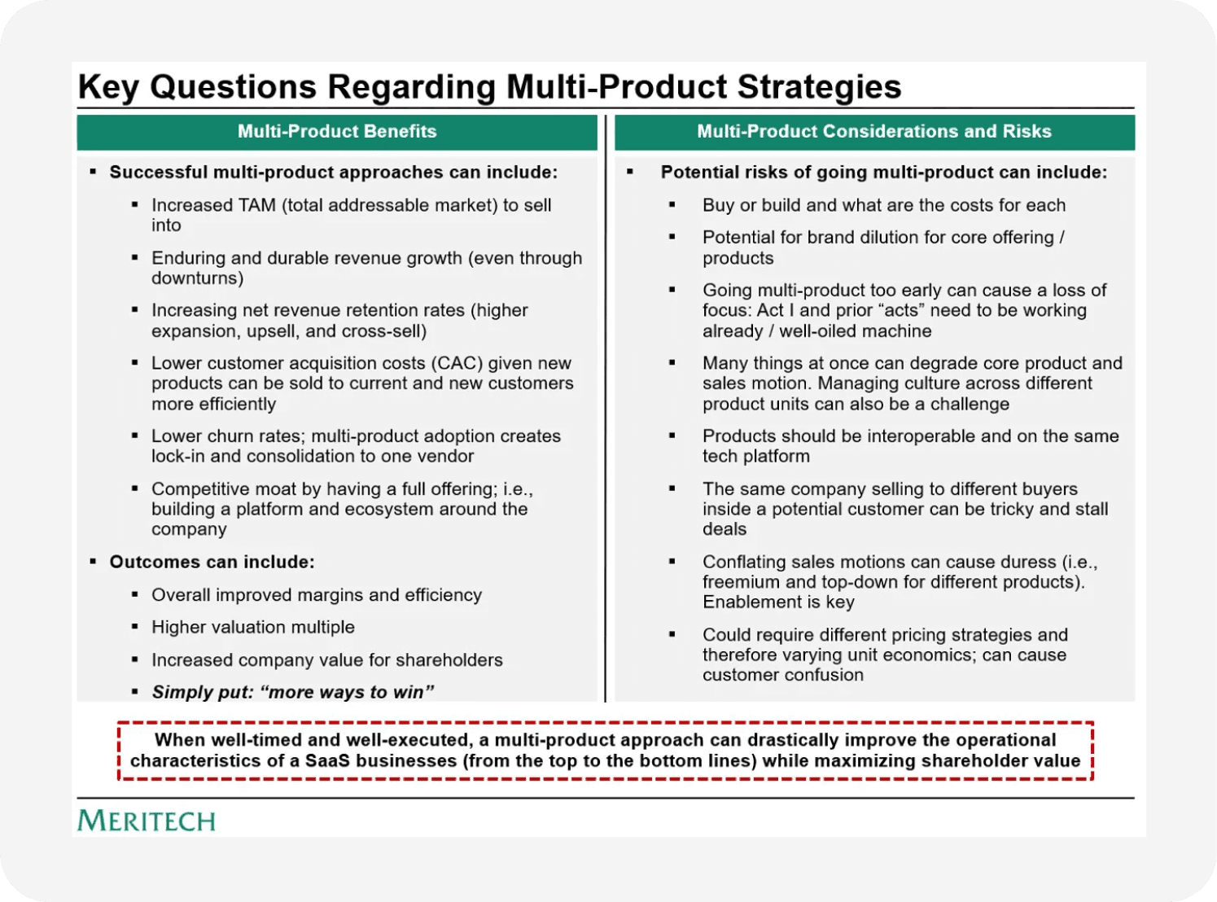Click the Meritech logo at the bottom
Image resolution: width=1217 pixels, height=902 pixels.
pos(147,821)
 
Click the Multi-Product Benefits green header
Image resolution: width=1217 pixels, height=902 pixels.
pos(337,132)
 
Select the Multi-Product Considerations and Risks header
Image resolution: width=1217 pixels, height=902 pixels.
pos(873,132)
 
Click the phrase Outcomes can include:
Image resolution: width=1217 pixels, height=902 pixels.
pos(212,562)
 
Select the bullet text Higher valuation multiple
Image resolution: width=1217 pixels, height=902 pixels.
pos(252,627)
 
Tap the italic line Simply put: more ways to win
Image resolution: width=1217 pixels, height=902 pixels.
pos(292,692)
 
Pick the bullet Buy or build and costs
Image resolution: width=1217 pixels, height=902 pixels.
pos(883,205)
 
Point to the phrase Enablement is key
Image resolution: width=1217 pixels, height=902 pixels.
pos(778,602)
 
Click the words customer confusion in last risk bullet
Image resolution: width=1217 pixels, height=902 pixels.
pos(782,675)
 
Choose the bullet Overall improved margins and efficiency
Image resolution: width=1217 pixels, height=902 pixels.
pos(316,595)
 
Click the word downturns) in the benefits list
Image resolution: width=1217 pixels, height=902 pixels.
pos(197,278)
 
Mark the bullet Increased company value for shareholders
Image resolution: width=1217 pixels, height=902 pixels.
pos(326,660)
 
